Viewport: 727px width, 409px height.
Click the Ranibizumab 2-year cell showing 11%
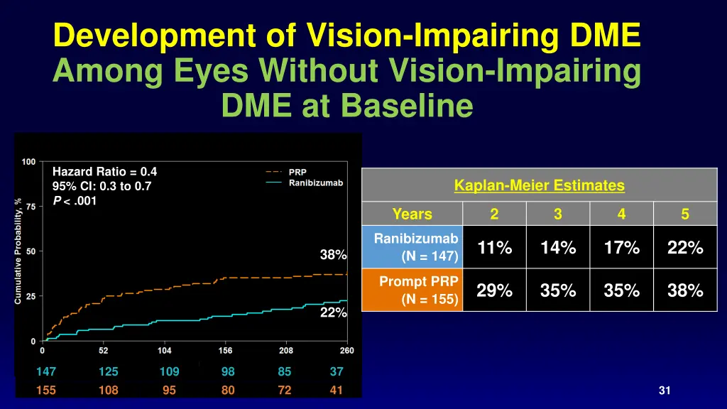494,248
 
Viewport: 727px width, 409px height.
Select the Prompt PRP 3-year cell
558,290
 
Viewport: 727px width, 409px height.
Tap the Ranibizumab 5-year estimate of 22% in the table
685,248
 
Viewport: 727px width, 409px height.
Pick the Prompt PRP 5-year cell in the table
685,290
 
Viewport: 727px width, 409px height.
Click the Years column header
412,214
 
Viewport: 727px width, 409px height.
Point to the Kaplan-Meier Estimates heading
540,186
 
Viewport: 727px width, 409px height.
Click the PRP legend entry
297,172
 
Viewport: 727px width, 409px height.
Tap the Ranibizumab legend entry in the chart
315,182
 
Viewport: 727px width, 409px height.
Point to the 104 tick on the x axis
164,350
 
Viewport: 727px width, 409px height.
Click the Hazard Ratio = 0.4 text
104,171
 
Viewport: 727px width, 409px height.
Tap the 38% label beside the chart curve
333,255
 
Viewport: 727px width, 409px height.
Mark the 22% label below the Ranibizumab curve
333,312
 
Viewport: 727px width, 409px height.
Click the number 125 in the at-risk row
109,371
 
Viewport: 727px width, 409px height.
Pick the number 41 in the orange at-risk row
337,390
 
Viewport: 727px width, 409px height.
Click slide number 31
665,390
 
